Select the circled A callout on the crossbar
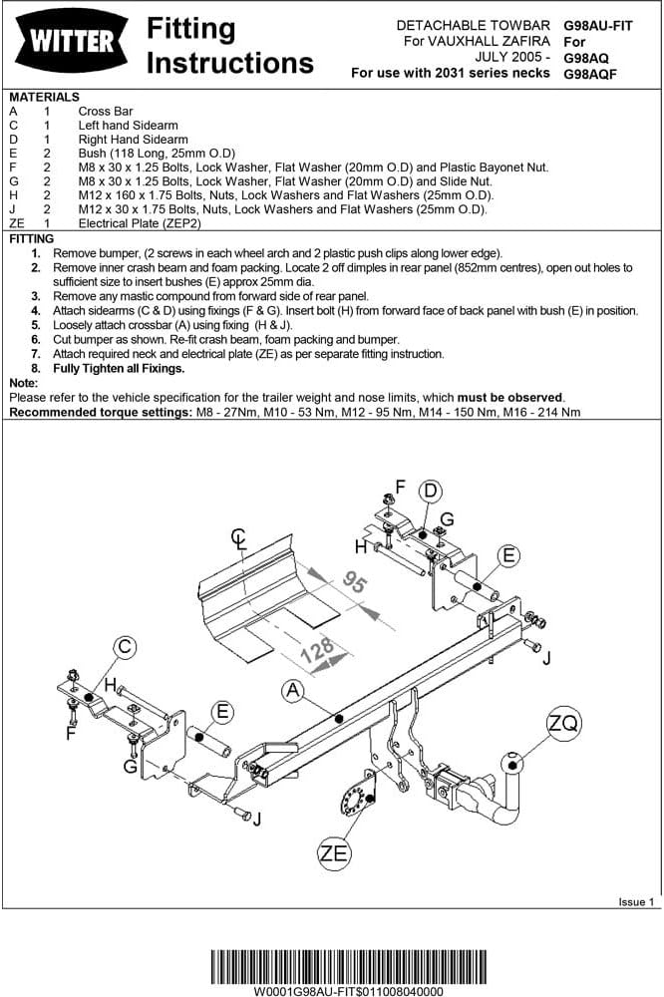[292, 689]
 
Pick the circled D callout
[430, 491]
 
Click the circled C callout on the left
[124, 648]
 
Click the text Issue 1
[636, 901]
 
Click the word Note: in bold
[24, 383]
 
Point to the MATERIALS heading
[44, 98]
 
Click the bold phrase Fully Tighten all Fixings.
[119, 368]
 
